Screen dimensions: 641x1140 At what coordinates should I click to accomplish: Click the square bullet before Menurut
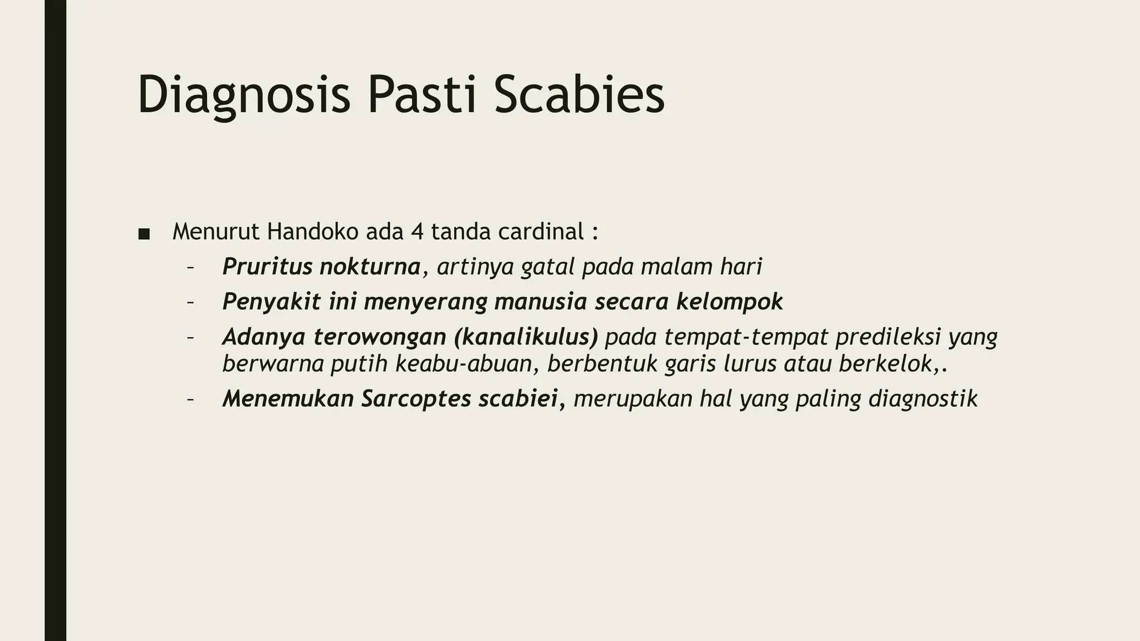point(144,234)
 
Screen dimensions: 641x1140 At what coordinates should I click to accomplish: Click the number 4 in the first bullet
point(417,231)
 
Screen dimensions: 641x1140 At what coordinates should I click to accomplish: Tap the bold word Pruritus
point(267,267)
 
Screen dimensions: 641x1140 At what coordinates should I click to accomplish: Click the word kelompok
point(729,302)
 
